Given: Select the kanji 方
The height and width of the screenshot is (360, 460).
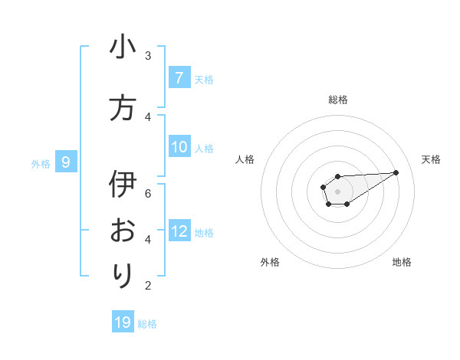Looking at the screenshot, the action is [x=123, y=108].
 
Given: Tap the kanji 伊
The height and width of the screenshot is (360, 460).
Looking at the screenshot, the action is [x=123, y=185].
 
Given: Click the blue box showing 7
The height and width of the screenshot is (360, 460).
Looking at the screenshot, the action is [x=179, y=77].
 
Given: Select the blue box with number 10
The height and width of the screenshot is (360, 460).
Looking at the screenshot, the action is [x=179, y=147].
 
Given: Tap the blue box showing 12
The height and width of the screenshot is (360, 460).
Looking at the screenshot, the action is [x=179, y=231].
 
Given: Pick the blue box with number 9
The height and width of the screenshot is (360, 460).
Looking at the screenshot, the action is [x=67, y=162].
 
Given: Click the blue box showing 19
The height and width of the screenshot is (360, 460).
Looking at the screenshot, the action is [x=123, y=322].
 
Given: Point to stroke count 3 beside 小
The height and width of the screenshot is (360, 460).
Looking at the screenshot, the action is [x=148, y=56].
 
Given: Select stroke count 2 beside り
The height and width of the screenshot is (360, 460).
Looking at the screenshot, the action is [x=148, y=286].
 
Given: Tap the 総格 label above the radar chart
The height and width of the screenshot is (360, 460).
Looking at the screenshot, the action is [x=338, y=100].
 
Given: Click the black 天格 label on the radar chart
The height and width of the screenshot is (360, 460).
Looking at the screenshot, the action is [x=431, y=159].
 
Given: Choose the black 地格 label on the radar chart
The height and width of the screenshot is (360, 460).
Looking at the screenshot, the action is [x=402, y=262].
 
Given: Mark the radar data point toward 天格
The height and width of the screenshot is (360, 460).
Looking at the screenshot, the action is [x=396, y=172].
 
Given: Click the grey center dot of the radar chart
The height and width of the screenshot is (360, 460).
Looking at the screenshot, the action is [x=337, y=190].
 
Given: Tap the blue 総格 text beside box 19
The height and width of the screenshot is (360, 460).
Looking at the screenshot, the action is [x=147, y=324].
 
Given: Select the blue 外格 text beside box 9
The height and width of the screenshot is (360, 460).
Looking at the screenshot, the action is [x=41, y=163].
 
